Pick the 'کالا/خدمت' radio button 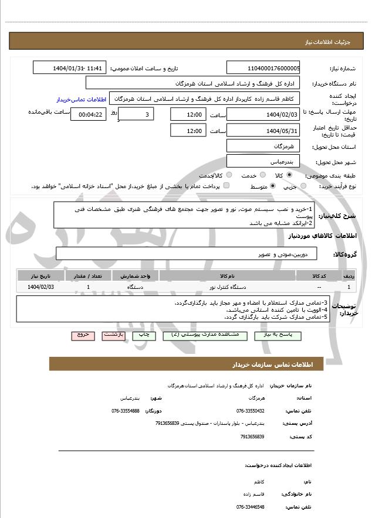tap(229, 175)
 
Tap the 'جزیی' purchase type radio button tap(303, 186)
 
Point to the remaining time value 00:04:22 tap(89, 114)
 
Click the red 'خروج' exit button tap(83, 335)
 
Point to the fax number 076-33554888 tap(126, 411)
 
